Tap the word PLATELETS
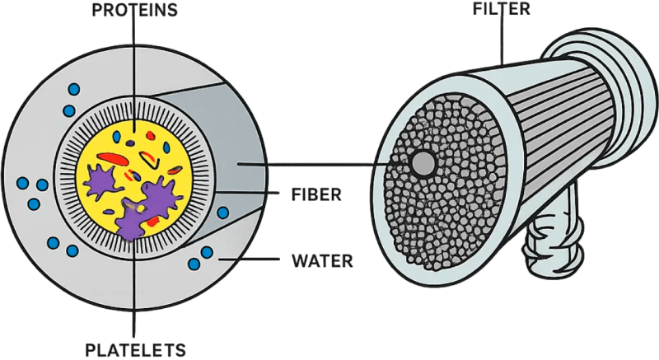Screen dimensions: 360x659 click(136, 348)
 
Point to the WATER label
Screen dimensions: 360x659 click(323, 264)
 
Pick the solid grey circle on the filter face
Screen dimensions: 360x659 click(423, 162)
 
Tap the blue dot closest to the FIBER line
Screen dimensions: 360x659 click(222, 213)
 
